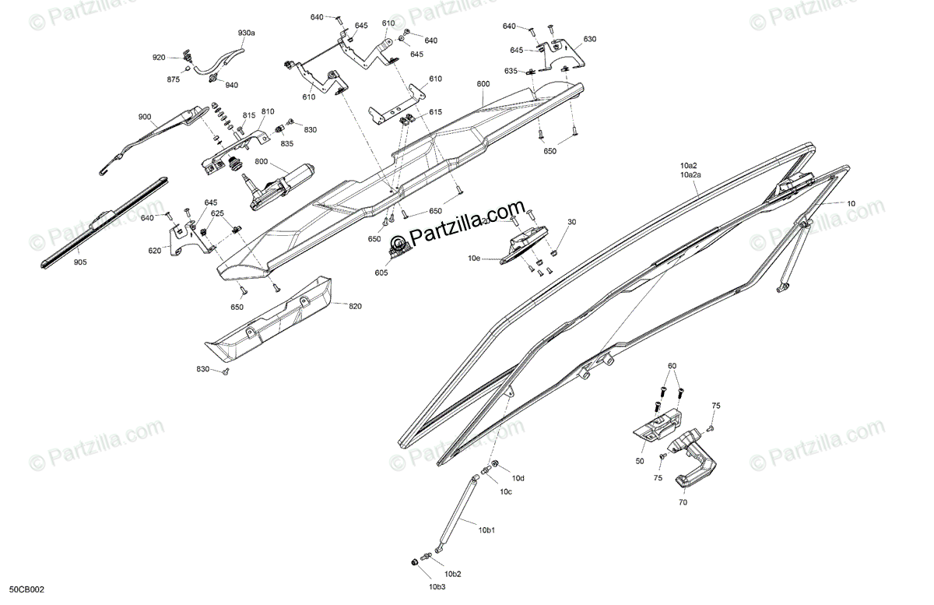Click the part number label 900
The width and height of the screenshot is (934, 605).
pyautogui.click(x=145, y=117)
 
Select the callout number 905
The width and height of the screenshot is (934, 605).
pyautogui.click(x=81, y=262)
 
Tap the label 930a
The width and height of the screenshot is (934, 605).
pyautogui.click(x=247, y=33)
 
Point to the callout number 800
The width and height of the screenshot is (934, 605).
pyautogui.click(x=260, y=162)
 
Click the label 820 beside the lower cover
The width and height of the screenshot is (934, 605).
pyautogui.click(x=356, y=306)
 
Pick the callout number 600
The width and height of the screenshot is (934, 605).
pyautogui.click(x=483, y=83)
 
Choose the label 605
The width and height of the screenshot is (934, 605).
pyautogui.click(x=381, y=273)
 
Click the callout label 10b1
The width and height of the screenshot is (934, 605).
pyautogui.click(x=486, y=530)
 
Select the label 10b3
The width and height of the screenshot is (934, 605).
pyautogui.click(x=437, y=586)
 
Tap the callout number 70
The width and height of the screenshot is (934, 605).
pyautogui.click(x=683, y=503)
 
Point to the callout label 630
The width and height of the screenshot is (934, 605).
pyautogui.click(x=589, y=39)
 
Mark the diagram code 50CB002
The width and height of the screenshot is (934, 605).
pyautogui.click(x=26, y=591)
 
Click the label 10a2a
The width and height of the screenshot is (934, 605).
pyautogui.click(x=690, y=175)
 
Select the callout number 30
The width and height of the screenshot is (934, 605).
pyautogui.click(x=572, y=222)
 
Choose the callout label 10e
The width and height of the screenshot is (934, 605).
pyautogui.click(x=474, y=257)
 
